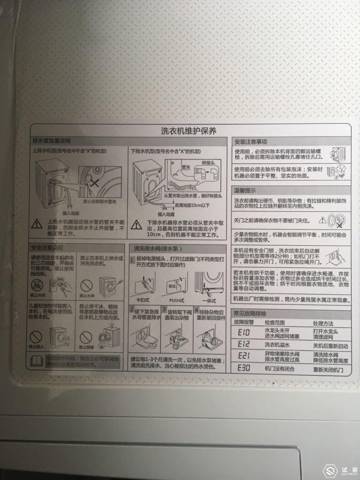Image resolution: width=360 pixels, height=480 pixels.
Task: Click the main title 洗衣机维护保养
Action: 188,131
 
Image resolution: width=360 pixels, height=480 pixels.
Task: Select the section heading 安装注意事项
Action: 251,142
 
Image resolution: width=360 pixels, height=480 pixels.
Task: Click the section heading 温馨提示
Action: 245,190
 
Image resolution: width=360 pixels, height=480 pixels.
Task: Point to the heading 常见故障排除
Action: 250,314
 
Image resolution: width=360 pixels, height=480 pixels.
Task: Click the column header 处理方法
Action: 323,323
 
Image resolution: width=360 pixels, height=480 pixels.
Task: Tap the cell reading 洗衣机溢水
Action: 277,345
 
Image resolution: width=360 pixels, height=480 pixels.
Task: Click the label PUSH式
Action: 177,301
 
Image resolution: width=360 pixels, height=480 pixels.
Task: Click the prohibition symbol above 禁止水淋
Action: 86,285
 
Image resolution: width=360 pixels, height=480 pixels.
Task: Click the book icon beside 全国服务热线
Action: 37,361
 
